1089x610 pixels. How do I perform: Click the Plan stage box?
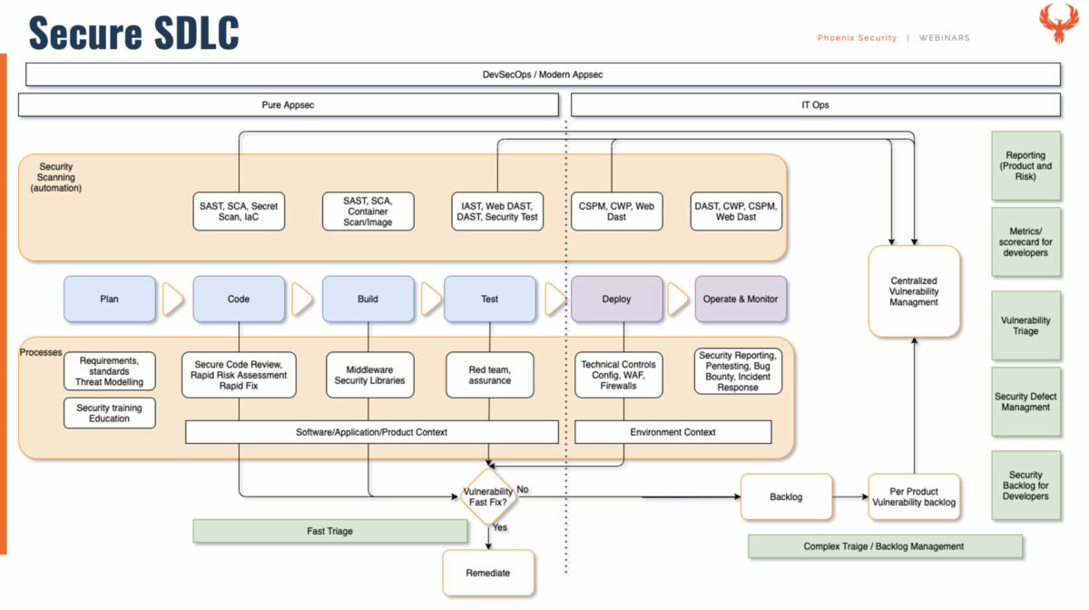tap(110, 299)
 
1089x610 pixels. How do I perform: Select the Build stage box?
tap(368, 299)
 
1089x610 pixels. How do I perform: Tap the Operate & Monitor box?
tap(741, 299)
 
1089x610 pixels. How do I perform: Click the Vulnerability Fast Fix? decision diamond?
tap(488, 497)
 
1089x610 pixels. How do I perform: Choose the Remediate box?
tap(488, 573)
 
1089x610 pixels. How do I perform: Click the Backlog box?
tap(786, 497)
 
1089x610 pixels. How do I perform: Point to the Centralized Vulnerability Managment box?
tap(914, 291)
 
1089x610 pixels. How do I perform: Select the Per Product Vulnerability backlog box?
tap(914, 497)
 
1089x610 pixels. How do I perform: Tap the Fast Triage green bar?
tap(330, 531)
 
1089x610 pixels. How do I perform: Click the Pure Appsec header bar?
tap(289, 104)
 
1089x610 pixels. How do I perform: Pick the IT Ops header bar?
tap(815, 104)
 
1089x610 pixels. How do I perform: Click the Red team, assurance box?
tap(489, 375)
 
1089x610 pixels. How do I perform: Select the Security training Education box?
tap(110, 413)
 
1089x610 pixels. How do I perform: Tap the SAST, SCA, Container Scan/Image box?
tap(368, 212)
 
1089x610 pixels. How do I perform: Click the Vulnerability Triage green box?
tap(1025, 326)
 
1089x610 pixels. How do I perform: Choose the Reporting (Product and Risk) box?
tap(1025, 165)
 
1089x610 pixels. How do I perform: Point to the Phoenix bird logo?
tap(1059, 24)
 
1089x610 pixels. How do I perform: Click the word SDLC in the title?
tap(196, 33)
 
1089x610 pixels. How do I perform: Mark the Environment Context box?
tap(672, 432)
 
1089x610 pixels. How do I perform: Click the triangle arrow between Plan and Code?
tap(172, 299)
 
